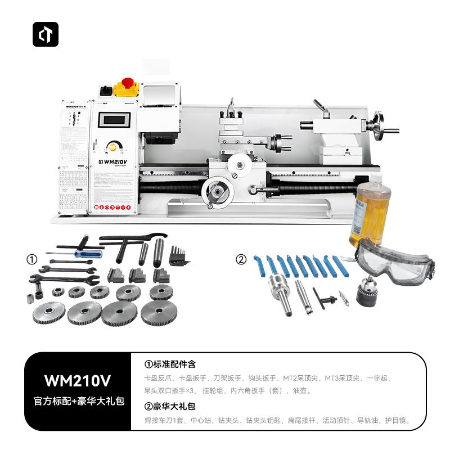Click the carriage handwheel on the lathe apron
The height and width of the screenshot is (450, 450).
click(x=217, y=193)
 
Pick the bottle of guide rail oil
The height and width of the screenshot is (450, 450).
click(x=371, y=214)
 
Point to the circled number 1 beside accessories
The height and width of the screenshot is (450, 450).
click(x=32, y=260)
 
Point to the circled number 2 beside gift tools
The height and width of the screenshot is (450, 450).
click(x=241, y=260)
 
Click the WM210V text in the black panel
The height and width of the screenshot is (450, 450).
click(x=78, y=381)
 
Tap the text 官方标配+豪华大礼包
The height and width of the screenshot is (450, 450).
click(x=78, y=402)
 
